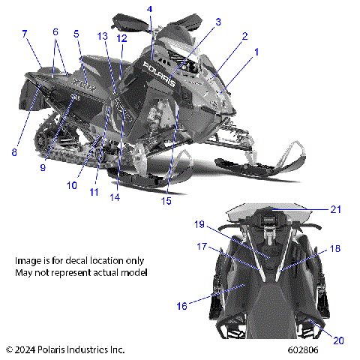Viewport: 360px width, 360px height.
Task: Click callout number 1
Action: (x=256, y=52)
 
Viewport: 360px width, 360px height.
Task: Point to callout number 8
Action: (x=13, y=152)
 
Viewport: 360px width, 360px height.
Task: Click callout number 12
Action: (x=121, y=37)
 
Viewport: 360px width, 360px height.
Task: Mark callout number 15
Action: (x=166, y=200)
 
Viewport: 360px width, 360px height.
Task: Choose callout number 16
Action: (x=181, y=307)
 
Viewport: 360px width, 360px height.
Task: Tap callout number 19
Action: (x=199, y=224)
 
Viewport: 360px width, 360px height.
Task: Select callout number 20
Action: (x=338, y=340)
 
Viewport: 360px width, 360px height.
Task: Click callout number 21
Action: (x=337, y=209)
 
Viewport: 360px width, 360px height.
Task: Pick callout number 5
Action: (x=76, y=34)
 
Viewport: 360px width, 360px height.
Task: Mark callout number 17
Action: (x=201, y=246)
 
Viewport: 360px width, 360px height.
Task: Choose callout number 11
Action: (x=94, y=192)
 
